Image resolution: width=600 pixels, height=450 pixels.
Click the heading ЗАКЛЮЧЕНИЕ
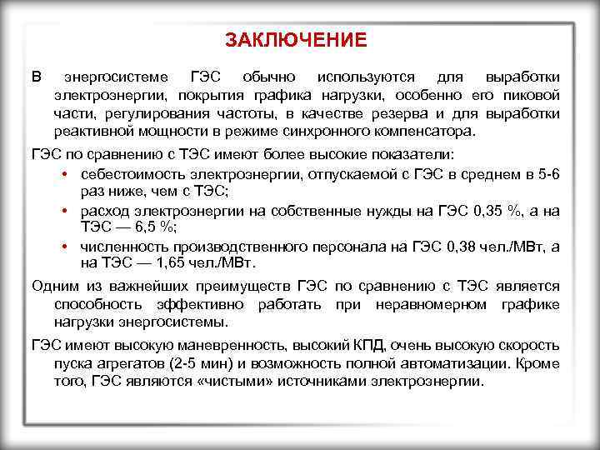point(296,40)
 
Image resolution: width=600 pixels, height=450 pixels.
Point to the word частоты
point(247,113)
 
